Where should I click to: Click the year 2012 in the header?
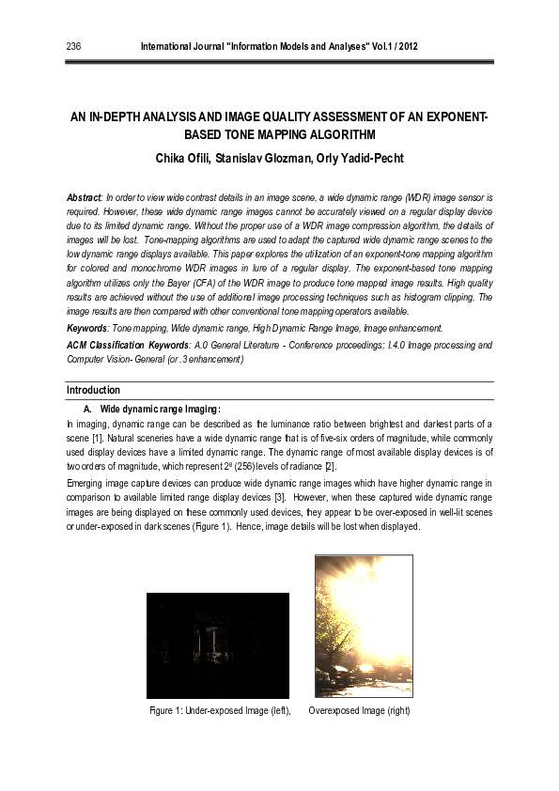(x=407, y=46)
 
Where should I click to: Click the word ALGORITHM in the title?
(x=330, y=137)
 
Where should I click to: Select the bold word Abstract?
(x=84, y=200)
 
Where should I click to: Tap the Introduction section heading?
(x=93, y=390)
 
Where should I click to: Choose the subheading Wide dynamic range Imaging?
(x=160, y=409)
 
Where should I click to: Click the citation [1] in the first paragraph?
(x=97, y=439)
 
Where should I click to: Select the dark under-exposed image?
(x=218, y=645)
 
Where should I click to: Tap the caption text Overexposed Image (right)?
(x=359, y=710)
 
